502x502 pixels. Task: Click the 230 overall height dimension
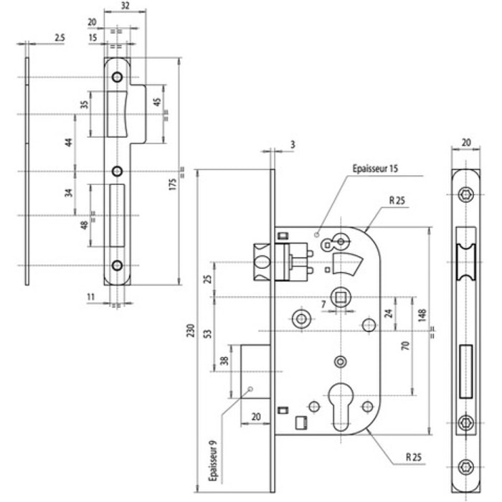[x=191, y=330]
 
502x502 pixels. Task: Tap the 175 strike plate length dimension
[x=173, y=184]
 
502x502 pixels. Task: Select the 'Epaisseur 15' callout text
[x=375, y=169]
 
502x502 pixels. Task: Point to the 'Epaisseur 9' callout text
[x=213, y=460]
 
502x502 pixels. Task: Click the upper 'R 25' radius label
[x=397, y=201]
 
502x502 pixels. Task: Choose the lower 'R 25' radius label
[x=414, y=457]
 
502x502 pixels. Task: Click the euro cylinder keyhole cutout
[x=341, y=406]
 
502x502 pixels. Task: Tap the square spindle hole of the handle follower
[x=341, y=298]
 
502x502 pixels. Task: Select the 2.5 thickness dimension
[x=60, y=37]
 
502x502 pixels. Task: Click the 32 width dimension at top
[x=126, y=6]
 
